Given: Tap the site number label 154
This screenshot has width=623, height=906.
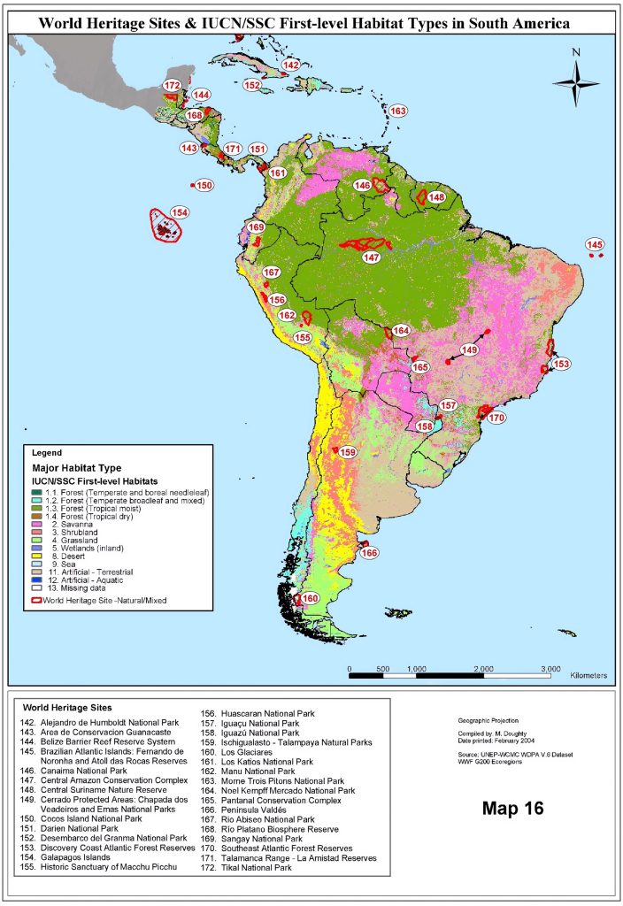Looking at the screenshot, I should click(x=180, y=213).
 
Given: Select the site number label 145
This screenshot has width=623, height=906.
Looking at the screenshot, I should click(x=595, y=244).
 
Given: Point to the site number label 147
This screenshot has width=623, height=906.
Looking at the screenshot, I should click(x=371, y=257).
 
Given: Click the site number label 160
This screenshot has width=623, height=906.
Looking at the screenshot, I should click(x=310, y=599).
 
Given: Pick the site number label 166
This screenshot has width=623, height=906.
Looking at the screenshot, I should click(x=369, y=553).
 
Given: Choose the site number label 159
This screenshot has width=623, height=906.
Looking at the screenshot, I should click(x=349, y=452).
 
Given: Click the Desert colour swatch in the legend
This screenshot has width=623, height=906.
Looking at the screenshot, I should click(x=36, y=554).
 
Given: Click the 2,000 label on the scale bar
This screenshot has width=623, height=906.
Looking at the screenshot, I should click(x=483, y=669).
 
